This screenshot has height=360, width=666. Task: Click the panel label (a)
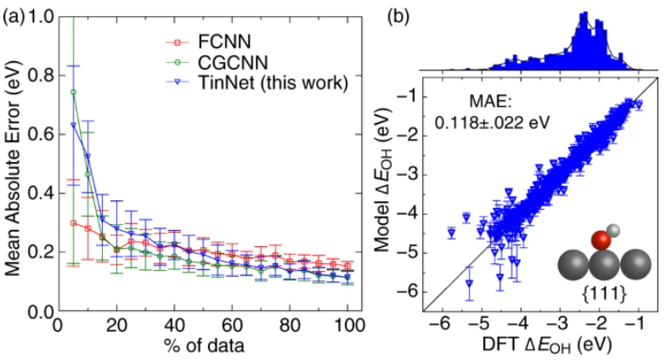(x=14, y=14)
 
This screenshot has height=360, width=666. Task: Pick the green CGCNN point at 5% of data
(x=73, y=93)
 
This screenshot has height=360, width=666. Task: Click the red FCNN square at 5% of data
(x=73, y=223)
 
